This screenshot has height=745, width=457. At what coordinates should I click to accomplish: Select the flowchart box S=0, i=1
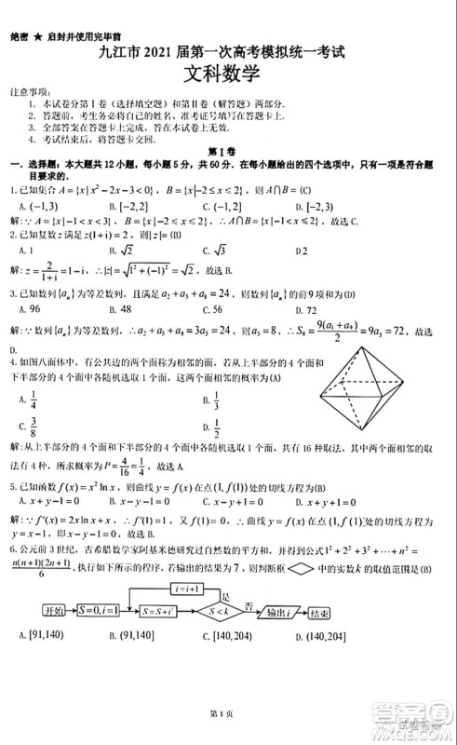(104, 610)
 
